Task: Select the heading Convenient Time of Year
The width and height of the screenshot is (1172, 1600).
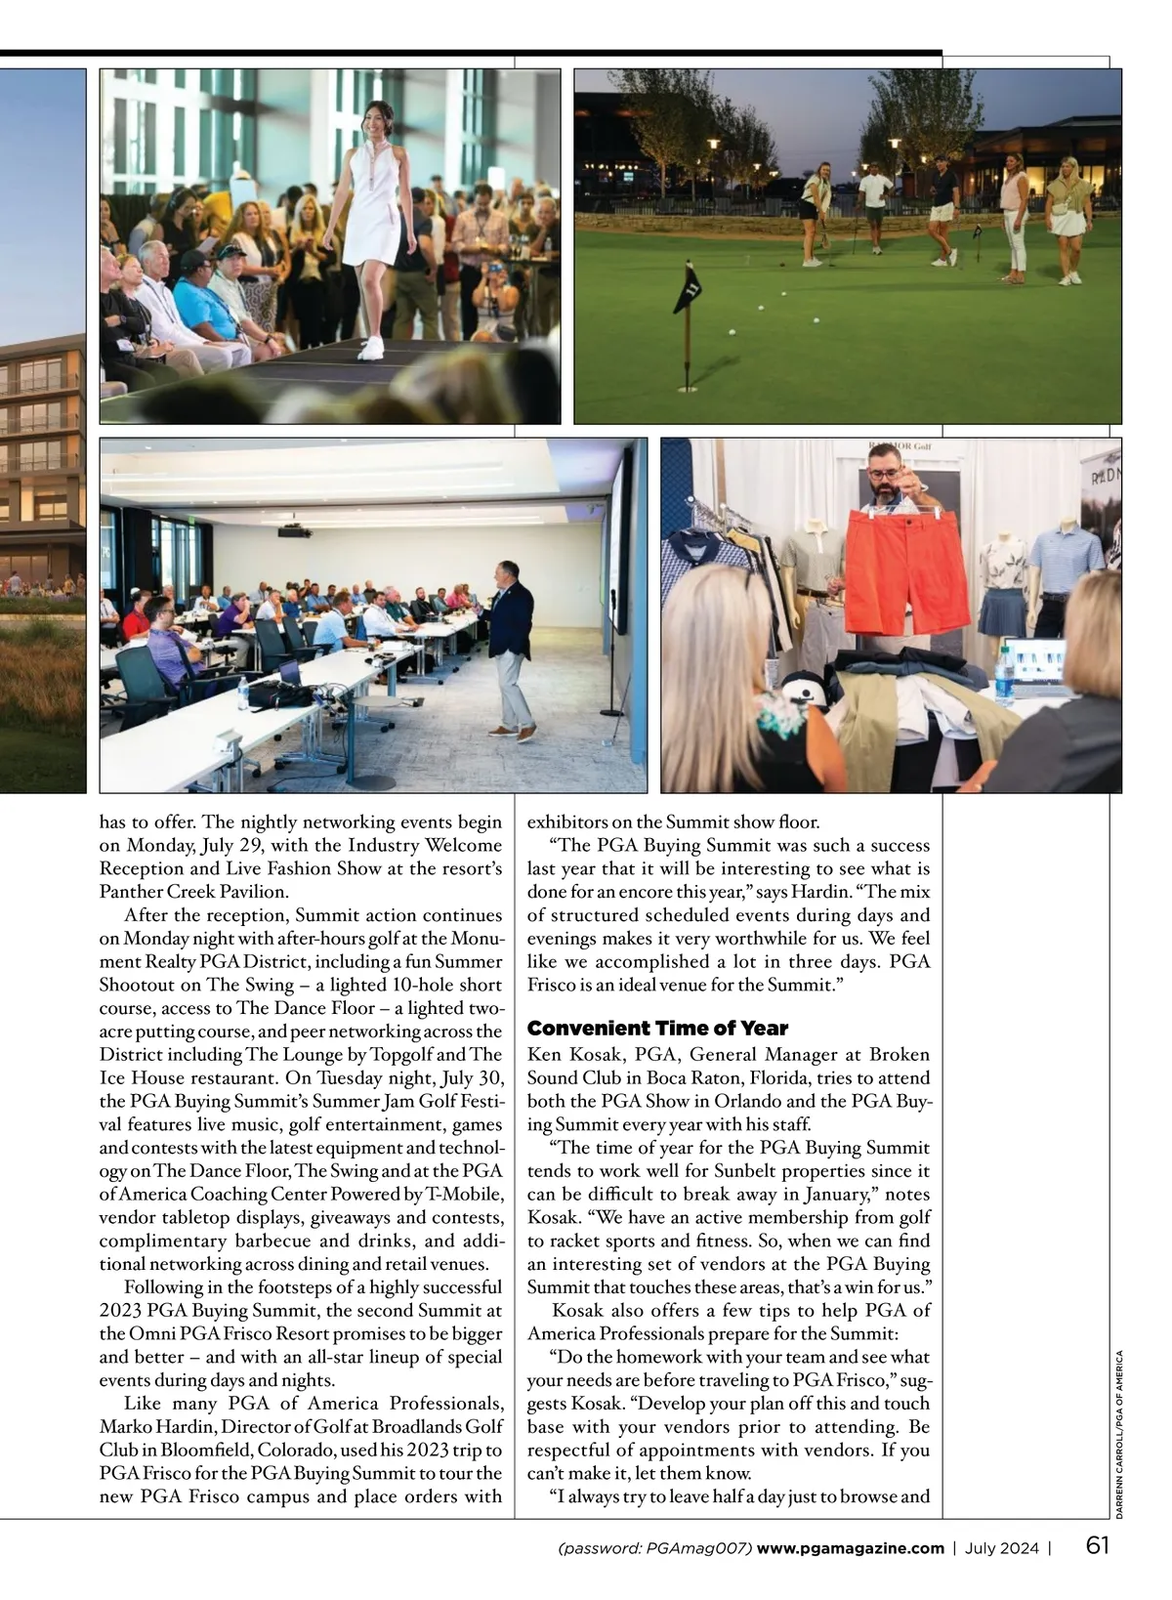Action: [x=657, y=1029]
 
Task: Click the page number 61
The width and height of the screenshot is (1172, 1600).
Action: [x=1098, y=1546]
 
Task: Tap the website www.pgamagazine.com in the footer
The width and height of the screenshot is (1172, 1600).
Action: [x=850, y=1548]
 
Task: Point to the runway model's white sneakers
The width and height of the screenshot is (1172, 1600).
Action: [x=369, y=348]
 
